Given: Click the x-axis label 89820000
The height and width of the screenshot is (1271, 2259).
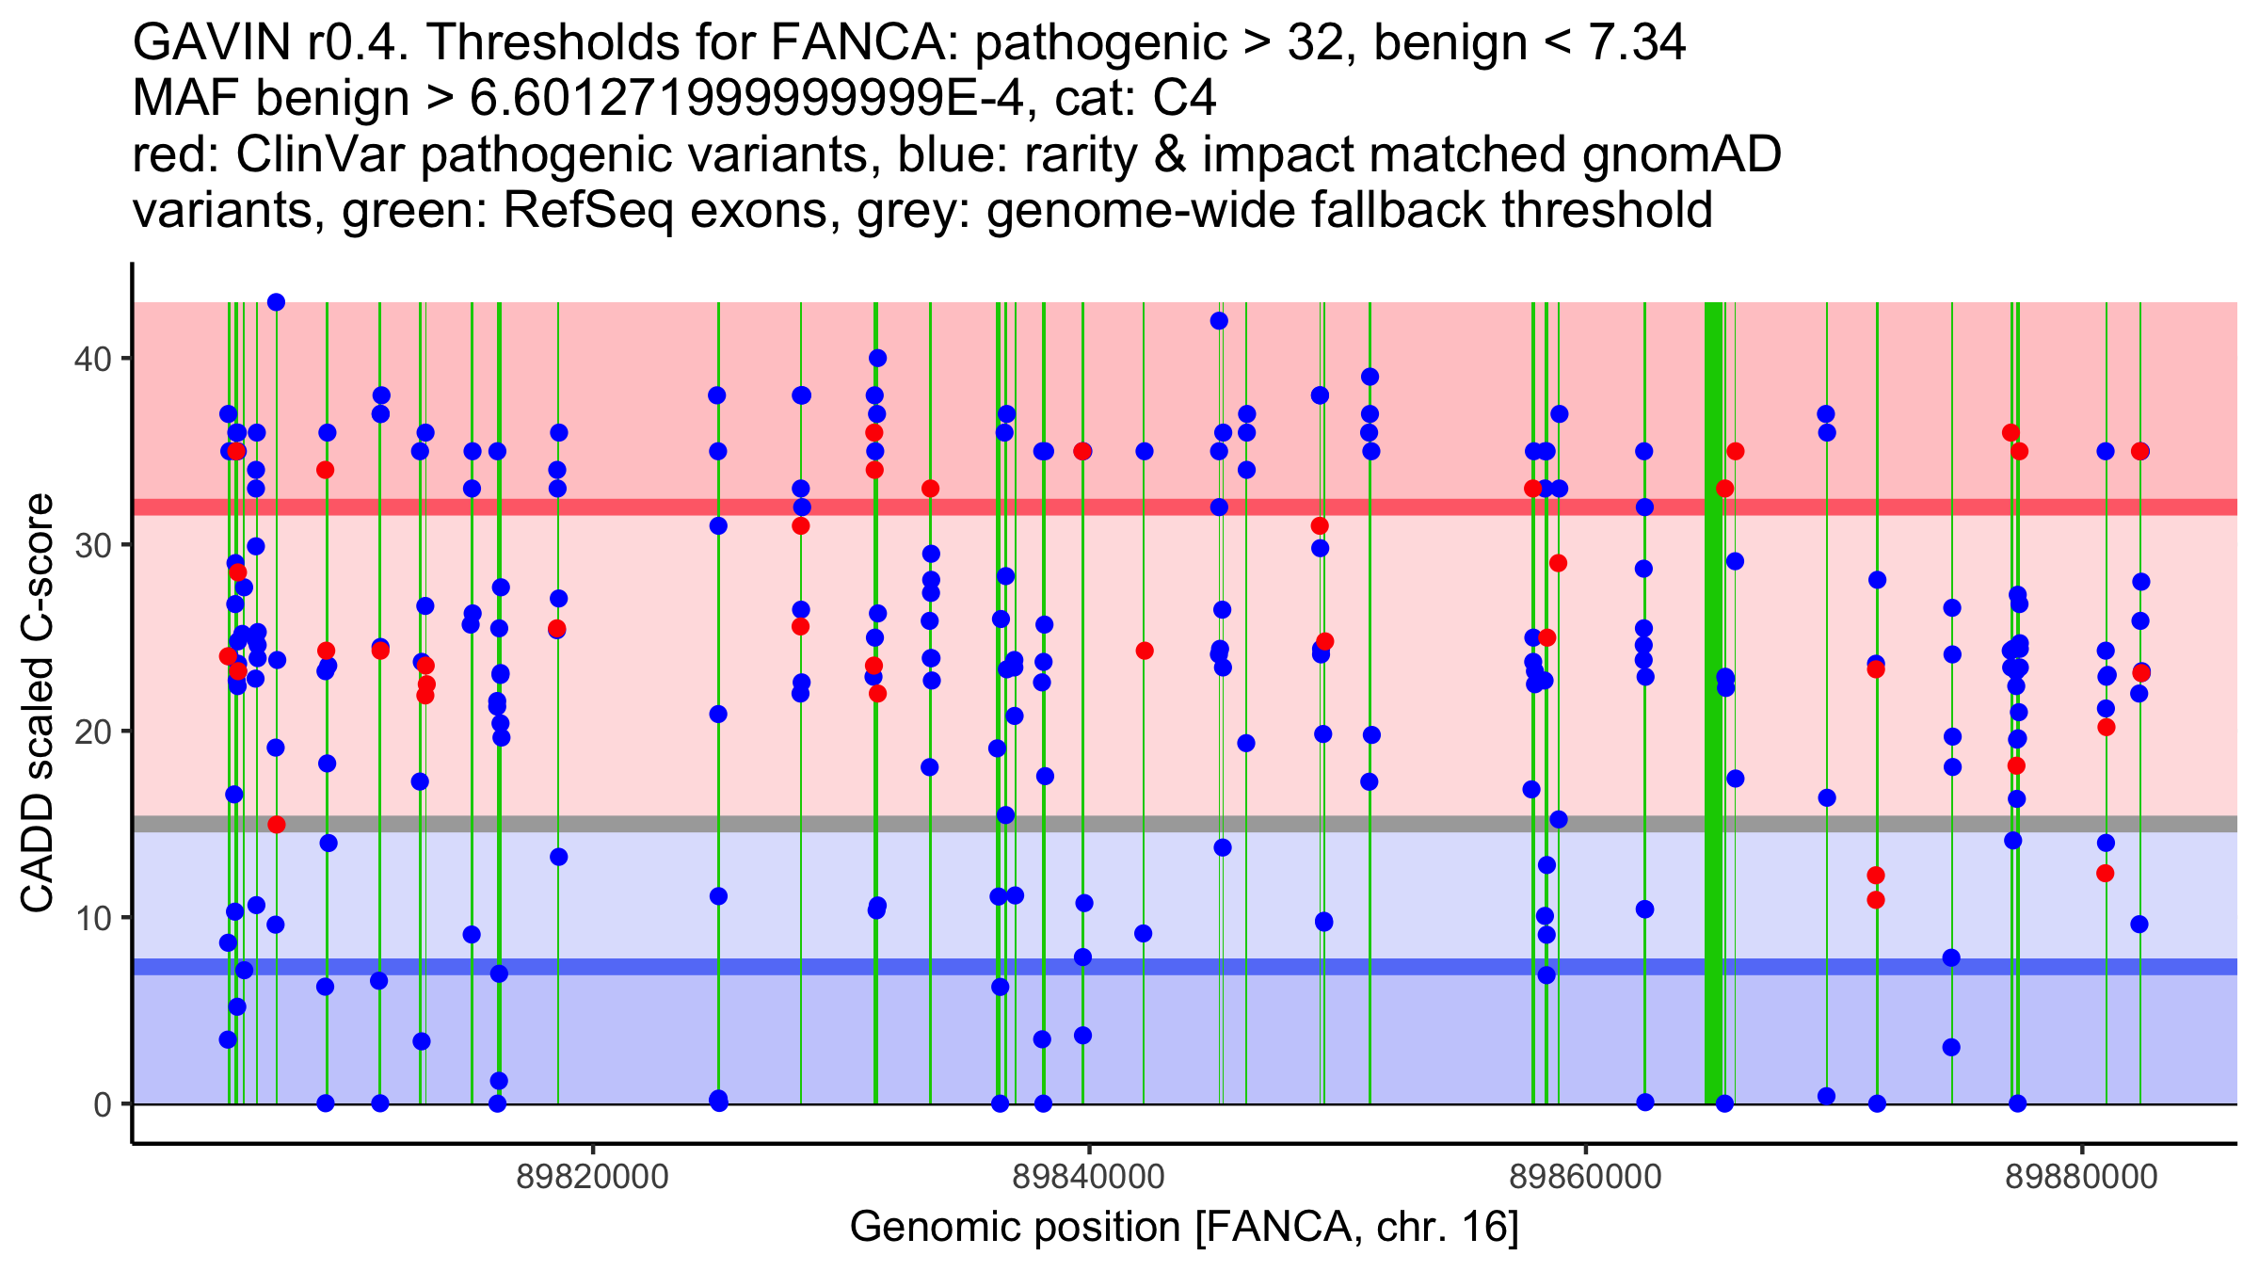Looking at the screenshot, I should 593,1177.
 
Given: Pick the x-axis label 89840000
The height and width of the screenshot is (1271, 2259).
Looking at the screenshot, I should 1089,1177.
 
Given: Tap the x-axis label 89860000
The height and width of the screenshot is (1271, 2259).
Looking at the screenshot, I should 1586,1177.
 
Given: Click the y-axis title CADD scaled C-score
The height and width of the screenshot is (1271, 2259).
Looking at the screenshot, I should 38,703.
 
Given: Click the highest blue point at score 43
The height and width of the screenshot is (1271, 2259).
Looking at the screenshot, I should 276,302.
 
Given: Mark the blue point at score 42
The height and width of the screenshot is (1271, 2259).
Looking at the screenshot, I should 1219,321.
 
